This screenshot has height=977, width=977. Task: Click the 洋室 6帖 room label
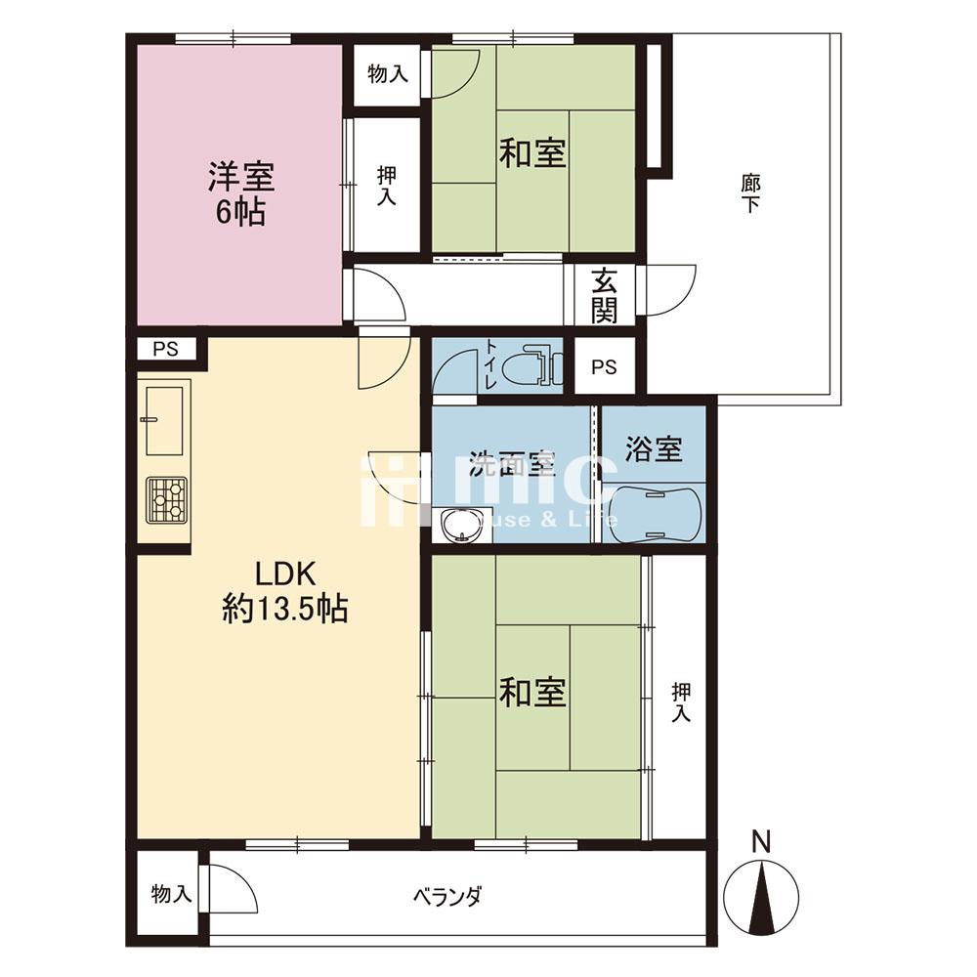241,193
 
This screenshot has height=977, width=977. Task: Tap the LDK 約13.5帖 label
285,591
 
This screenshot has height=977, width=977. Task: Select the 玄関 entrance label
604,295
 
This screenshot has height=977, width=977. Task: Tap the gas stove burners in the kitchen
166,499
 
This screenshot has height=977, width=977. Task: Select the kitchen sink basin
164,420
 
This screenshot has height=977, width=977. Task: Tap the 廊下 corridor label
750,193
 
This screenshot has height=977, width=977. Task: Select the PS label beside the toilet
604,367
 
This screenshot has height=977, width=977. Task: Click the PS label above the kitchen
166,349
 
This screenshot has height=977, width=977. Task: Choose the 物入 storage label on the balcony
171,895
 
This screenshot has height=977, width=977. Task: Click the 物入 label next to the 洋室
388,75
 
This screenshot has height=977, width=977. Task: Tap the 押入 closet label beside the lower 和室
681,702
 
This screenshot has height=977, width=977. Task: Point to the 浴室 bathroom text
654,448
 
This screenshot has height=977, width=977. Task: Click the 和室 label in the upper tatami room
532,153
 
